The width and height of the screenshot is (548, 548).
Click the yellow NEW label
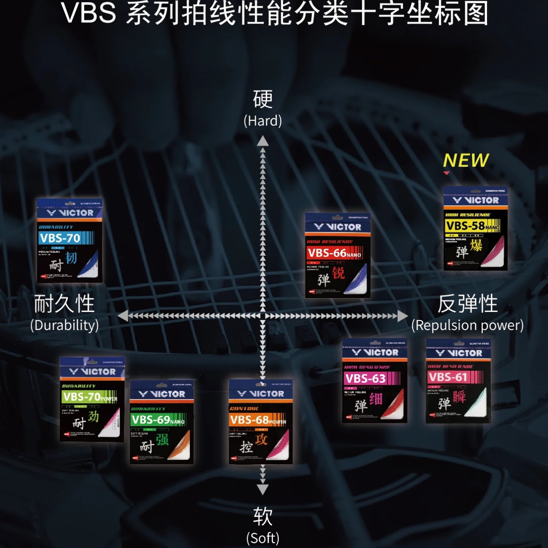pyautogui.click(x=466, y=161)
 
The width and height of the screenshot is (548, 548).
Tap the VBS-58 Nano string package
pyautogui.click(x=475, y=228)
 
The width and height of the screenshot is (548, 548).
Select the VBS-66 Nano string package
pyautogui.click(x=337, y=255)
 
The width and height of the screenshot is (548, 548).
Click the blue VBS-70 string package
pyautogui.click(x=69, y=240)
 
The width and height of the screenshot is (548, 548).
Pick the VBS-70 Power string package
pyautogui.click(x=92, y=399)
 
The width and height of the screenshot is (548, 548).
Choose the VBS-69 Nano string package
pyautogui.click(x=161, y=422)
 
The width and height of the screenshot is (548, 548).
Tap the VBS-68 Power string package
pyautogui.click(x=260, y=421)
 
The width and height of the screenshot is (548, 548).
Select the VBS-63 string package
pyautogui.click(x=374, y=380)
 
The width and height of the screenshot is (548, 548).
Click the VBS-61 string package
pyautogui.click(x=458, y=380)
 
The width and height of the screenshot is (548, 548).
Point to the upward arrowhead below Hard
pyautogui.click(x=263, y=141)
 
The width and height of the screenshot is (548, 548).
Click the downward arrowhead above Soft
pyautogui.click(x=263, y=489)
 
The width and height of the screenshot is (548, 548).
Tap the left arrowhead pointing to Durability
pyautogui.click(x=123, y=316)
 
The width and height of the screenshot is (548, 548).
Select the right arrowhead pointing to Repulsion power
pyautogui.click(x=402, y=316)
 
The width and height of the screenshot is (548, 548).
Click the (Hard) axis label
pyautogui.click(x=262, y=121)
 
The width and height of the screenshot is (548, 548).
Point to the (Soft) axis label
pyautogui.click(x=262, y=538)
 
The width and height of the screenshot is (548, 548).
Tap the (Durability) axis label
pyautogui.click(x=64, y=325)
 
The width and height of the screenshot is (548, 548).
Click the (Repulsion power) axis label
pyautogui.click(x=467, y=325)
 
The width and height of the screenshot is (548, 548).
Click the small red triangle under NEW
pyautogui.click(x=446, y=173)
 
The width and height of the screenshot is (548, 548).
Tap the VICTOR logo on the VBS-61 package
pyautogui.click(x=458, y=353)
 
